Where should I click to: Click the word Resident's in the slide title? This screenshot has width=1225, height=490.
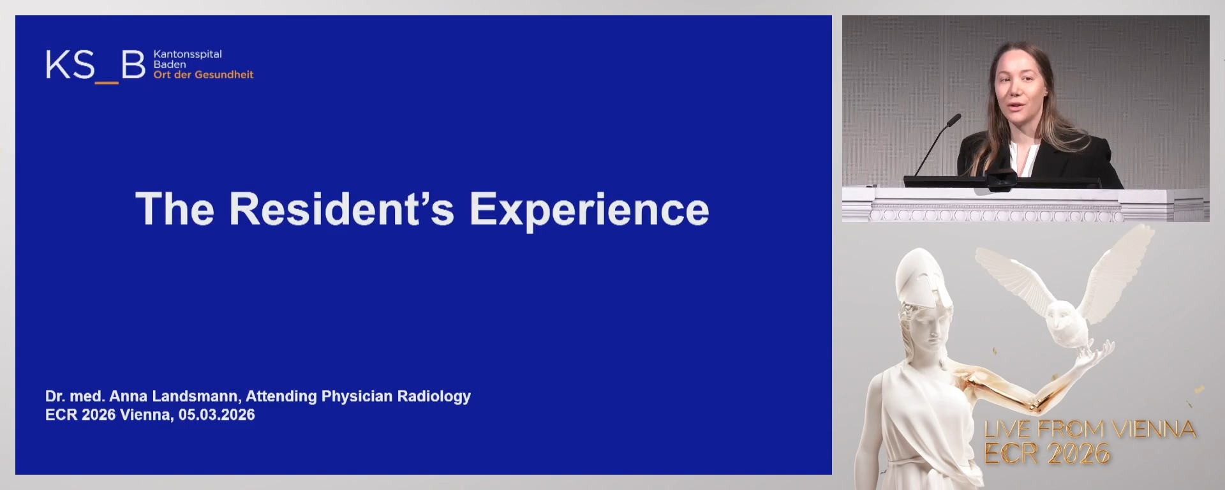point(341,209)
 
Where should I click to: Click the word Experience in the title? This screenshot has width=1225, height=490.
point(589,210)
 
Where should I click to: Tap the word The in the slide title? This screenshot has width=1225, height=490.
point(174,209)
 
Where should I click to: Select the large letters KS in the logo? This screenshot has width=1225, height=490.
point(70,65)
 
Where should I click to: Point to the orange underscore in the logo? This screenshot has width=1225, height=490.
point(107,82)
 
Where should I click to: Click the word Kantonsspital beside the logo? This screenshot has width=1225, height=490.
point(188,54)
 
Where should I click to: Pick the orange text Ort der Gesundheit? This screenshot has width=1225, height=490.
point(203,75)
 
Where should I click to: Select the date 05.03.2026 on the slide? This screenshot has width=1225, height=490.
point(216,415)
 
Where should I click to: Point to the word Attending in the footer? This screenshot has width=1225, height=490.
point(281,396)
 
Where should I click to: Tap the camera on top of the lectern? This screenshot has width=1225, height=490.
point(1001,179)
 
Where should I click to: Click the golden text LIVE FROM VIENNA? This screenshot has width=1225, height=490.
point(1090,429)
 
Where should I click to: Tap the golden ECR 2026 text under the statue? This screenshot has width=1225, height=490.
point(1047,454)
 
